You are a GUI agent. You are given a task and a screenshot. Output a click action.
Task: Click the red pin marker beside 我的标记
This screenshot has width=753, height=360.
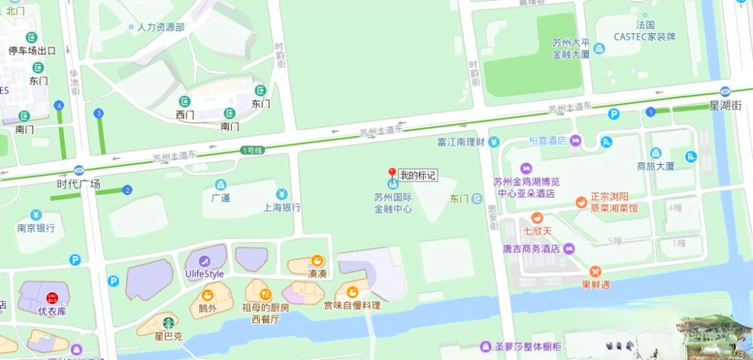click(x=392, y=173)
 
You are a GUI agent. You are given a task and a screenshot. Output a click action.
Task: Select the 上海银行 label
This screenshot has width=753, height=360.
click(x=282, y=208)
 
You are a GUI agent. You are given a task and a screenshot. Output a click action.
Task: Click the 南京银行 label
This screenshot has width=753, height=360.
click(x=36, y=227)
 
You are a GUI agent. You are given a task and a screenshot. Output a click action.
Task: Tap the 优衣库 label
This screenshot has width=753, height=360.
click(x=53, y=310)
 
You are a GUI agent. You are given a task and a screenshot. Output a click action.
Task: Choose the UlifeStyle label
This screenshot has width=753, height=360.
click(x=204, y=274)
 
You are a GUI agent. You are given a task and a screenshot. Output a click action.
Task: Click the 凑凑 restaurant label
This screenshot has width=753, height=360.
click(x=317, y=274)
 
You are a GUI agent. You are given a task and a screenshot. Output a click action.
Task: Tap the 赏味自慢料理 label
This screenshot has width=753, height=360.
click(x=352, y=305)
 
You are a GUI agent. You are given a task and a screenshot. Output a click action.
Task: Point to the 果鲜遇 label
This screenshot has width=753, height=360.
click(x=596, y=285)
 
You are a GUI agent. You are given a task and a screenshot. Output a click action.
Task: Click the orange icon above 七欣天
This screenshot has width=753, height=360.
click(x=538, y=218)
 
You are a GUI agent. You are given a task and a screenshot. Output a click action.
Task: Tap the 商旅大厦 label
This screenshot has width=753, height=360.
click(x=655, y=166)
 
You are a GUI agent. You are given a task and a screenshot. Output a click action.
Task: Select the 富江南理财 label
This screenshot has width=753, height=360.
click(x=459, y=142)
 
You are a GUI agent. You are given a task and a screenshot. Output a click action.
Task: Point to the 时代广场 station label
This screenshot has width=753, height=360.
click(x=78, y=184)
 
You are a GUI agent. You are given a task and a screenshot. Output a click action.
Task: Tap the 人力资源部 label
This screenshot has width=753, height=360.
click(x=160, y=27)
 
